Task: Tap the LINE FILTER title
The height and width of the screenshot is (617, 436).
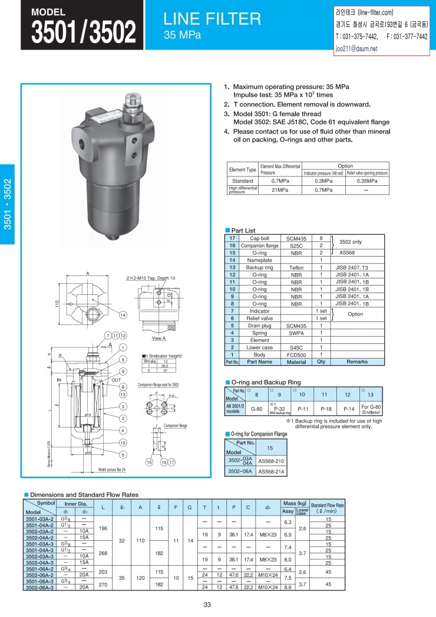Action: pos(212,19)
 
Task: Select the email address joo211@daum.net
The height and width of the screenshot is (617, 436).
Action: pos(355,49)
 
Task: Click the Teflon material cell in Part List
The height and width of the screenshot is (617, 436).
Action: pos(296,267)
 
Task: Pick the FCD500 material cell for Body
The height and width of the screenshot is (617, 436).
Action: pos(296,355)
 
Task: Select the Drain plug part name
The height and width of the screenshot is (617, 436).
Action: pos(259,326)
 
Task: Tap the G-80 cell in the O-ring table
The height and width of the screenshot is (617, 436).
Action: pos(257,408)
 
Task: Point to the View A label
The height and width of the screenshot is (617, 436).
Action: pos(158,339)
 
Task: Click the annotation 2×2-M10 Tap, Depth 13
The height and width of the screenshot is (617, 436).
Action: pos(151,278)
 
